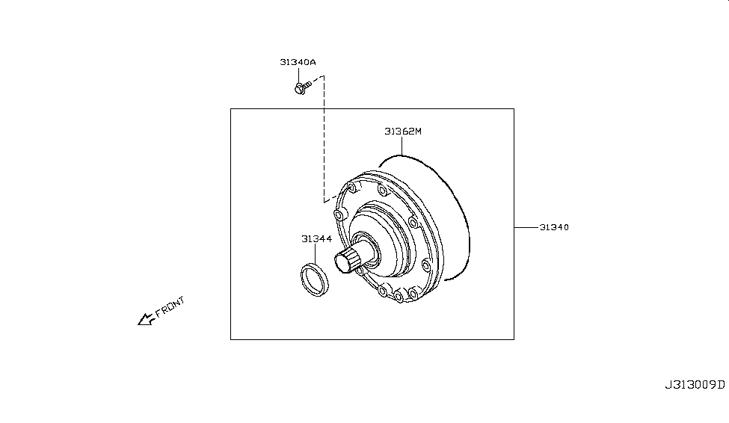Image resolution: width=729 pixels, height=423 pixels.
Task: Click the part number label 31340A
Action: (298, 62)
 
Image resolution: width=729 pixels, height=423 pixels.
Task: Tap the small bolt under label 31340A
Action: (303, 87)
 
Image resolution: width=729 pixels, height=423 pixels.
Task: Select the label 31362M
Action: (402, 132)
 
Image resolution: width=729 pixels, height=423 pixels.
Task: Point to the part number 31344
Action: (316, 239)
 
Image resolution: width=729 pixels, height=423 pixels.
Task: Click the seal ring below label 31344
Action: (314, 280)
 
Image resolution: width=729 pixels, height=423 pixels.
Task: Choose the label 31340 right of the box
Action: (554, 227)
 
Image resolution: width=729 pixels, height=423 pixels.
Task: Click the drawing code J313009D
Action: (695, 385)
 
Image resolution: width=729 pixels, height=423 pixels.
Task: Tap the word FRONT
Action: (170, 306)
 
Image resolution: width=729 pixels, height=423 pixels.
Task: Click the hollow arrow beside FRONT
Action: (146, 319)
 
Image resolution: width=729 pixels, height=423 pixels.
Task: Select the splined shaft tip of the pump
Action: (346, 261)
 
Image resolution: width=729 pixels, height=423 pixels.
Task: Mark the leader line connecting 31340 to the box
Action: (526, 227)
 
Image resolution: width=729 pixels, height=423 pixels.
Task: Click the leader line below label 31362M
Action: (402, 146)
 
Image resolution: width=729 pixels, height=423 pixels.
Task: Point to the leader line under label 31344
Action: (316, 253)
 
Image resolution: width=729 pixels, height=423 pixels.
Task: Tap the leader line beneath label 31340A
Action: (298, 75)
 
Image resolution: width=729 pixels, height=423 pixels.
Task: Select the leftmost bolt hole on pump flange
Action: (339, 214)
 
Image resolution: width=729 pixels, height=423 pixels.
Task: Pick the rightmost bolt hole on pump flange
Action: (425, 265)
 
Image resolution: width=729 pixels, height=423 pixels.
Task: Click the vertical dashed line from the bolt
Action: (324, 139)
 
